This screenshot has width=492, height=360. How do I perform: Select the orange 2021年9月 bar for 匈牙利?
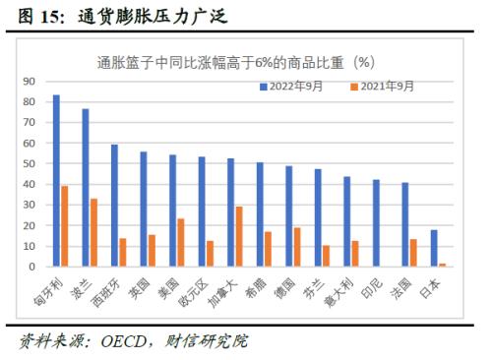tap(65, 226)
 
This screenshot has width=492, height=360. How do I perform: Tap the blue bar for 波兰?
tap(86, 188)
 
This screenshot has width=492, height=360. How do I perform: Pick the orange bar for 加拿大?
tap(239, 236)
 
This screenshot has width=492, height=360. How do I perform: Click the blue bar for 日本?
tap(433, 248)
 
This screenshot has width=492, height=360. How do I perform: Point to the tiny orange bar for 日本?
tap(442, 265)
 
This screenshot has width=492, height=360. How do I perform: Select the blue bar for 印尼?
tap(375, 223)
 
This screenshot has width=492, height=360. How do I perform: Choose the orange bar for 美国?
tap(181, 242)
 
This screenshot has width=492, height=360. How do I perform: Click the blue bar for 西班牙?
tap(114, 206)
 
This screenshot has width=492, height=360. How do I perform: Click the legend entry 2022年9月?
tap(296, 87)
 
